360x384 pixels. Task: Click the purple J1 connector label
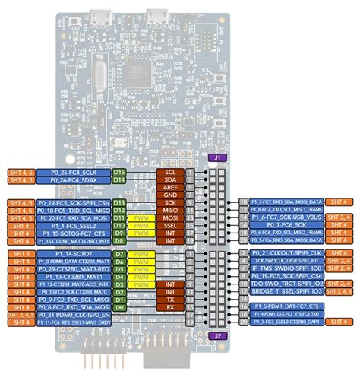coord(217,157)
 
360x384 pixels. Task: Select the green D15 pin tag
coord(119,173)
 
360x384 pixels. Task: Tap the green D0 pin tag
coord(119,309)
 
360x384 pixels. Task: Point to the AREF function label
coord(170,187)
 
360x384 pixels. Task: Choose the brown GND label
coord(170,195)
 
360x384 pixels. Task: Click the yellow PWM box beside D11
coord(141,217)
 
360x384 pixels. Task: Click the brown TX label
coord(170,300)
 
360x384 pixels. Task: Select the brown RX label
coord(170,309)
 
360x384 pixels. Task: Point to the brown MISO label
coord(170,210)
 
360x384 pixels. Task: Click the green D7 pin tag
coord(119,252)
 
